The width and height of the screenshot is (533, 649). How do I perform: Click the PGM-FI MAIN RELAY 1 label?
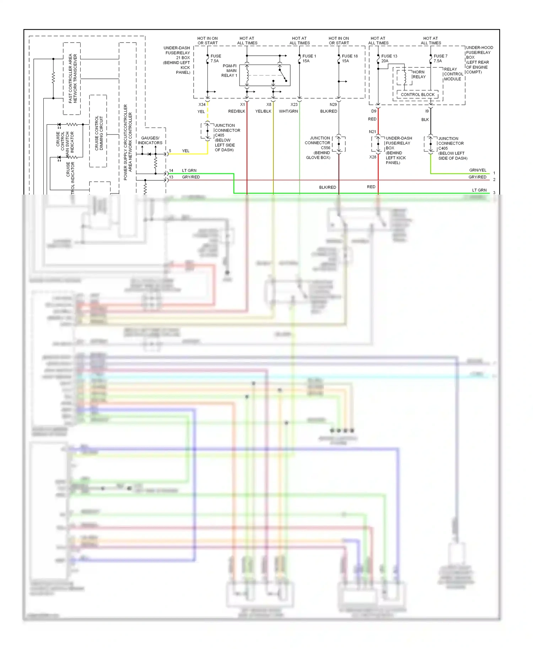tap(229, 71)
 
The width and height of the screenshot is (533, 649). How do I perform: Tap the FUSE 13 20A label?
tap(389, 59)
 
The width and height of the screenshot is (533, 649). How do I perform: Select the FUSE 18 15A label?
tap(349, 59)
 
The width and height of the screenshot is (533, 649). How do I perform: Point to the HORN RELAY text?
tap(419, 74)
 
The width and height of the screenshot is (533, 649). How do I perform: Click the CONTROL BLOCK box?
tap(418, 94)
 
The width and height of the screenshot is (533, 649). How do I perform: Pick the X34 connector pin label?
tap(202, 104)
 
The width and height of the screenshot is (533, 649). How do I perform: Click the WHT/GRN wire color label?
tap(288, 111)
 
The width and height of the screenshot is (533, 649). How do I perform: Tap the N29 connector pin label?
tap(333, 104)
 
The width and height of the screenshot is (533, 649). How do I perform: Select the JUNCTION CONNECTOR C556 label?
tap(318, 148)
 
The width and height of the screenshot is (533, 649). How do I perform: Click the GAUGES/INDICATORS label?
tap(150, 140)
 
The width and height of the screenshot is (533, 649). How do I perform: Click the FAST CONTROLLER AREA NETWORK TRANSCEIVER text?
tap(72, 78)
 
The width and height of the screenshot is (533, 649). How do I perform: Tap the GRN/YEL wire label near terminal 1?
tap(478, 170)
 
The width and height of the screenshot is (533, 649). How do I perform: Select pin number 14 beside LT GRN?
tap(171, 170)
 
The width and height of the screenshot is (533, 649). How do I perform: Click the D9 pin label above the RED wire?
tap(373, 111)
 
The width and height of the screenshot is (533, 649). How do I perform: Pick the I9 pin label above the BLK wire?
tap(427, 111)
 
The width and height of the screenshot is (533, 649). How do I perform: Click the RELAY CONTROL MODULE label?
tap(453, 74)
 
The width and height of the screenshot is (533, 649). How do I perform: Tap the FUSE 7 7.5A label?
tap(440, 59)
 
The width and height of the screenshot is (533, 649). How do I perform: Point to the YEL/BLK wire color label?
tap(263, 111)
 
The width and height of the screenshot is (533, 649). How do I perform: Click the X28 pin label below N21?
tap(372, 157)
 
